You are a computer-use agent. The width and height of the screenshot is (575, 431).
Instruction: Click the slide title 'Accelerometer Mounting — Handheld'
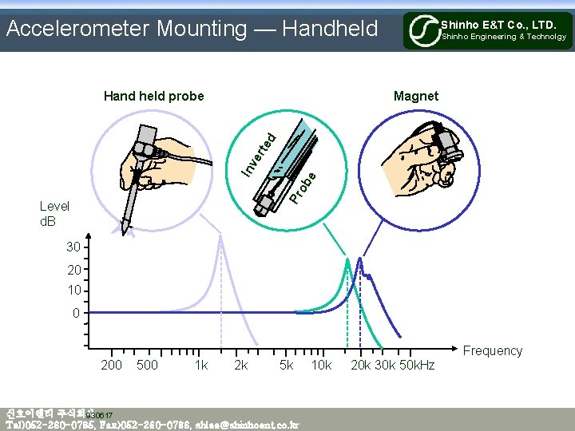[x=192, y=29]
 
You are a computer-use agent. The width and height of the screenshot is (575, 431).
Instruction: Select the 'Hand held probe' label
[x=154, y=97]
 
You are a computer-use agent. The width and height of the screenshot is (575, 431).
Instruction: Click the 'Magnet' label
[x=415, y=97]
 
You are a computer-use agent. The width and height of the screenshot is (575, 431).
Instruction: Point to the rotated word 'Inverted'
[x=260, y=154]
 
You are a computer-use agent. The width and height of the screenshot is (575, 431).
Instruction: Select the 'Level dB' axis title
[x=54, y=213]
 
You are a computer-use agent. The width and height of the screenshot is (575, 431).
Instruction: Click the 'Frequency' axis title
[x=492, y=350]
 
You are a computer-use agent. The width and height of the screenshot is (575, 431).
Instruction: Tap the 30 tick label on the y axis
[x=73, y=248]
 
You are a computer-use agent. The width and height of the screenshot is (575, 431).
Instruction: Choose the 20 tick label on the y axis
[x=73, y=270]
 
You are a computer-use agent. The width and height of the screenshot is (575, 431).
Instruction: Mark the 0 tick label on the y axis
[x=76, y=313]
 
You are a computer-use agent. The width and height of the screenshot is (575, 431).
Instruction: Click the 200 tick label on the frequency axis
[x=112, y=365]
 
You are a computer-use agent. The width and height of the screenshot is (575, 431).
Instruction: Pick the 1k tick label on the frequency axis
[x=200, y=365]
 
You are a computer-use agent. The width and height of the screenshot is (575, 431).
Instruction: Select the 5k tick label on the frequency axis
[x=285, y=365]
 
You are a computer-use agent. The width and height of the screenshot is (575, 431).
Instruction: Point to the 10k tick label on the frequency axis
[x=321, y=365]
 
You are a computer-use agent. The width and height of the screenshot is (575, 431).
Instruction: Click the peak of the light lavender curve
[x=220, y=237]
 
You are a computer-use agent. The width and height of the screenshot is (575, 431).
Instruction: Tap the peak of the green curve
[x=347, y=259]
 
